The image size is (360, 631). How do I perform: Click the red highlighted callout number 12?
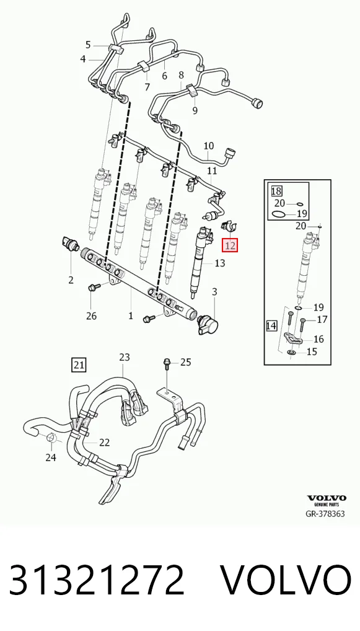click(231, 245)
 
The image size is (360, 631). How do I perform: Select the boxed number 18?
click(277, 190)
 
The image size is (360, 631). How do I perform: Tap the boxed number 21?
click(79, 366)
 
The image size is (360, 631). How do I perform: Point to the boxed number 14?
click(271, 325)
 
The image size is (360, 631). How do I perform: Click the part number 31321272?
click(97, 580)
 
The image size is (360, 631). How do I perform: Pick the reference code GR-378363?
click(325, 514)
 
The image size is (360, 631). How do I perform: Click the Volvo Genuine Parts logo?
click(327, 500)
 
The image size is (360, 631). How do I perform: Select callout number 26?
click(91, 315)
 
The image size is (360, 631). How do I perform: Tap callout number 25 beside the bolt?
click(185, 363)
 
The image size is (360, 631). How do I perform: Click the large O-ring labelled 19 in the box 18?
click(279, 214)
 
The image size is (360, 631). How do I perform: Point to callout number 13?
click(219, 263)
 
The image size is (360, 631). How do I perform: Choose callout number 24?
click(51, 457)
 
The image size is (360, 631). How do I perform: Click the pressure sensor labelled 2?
click(69, 243)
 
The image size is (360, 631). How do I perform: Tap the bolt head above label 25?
click(166, 362)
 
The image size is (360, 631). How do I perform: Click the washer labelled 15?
click(292, 353)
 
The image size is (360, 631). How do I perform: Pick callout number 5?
click(88, 45)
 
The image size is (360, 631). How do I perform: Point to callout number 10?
click(209, 146)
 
